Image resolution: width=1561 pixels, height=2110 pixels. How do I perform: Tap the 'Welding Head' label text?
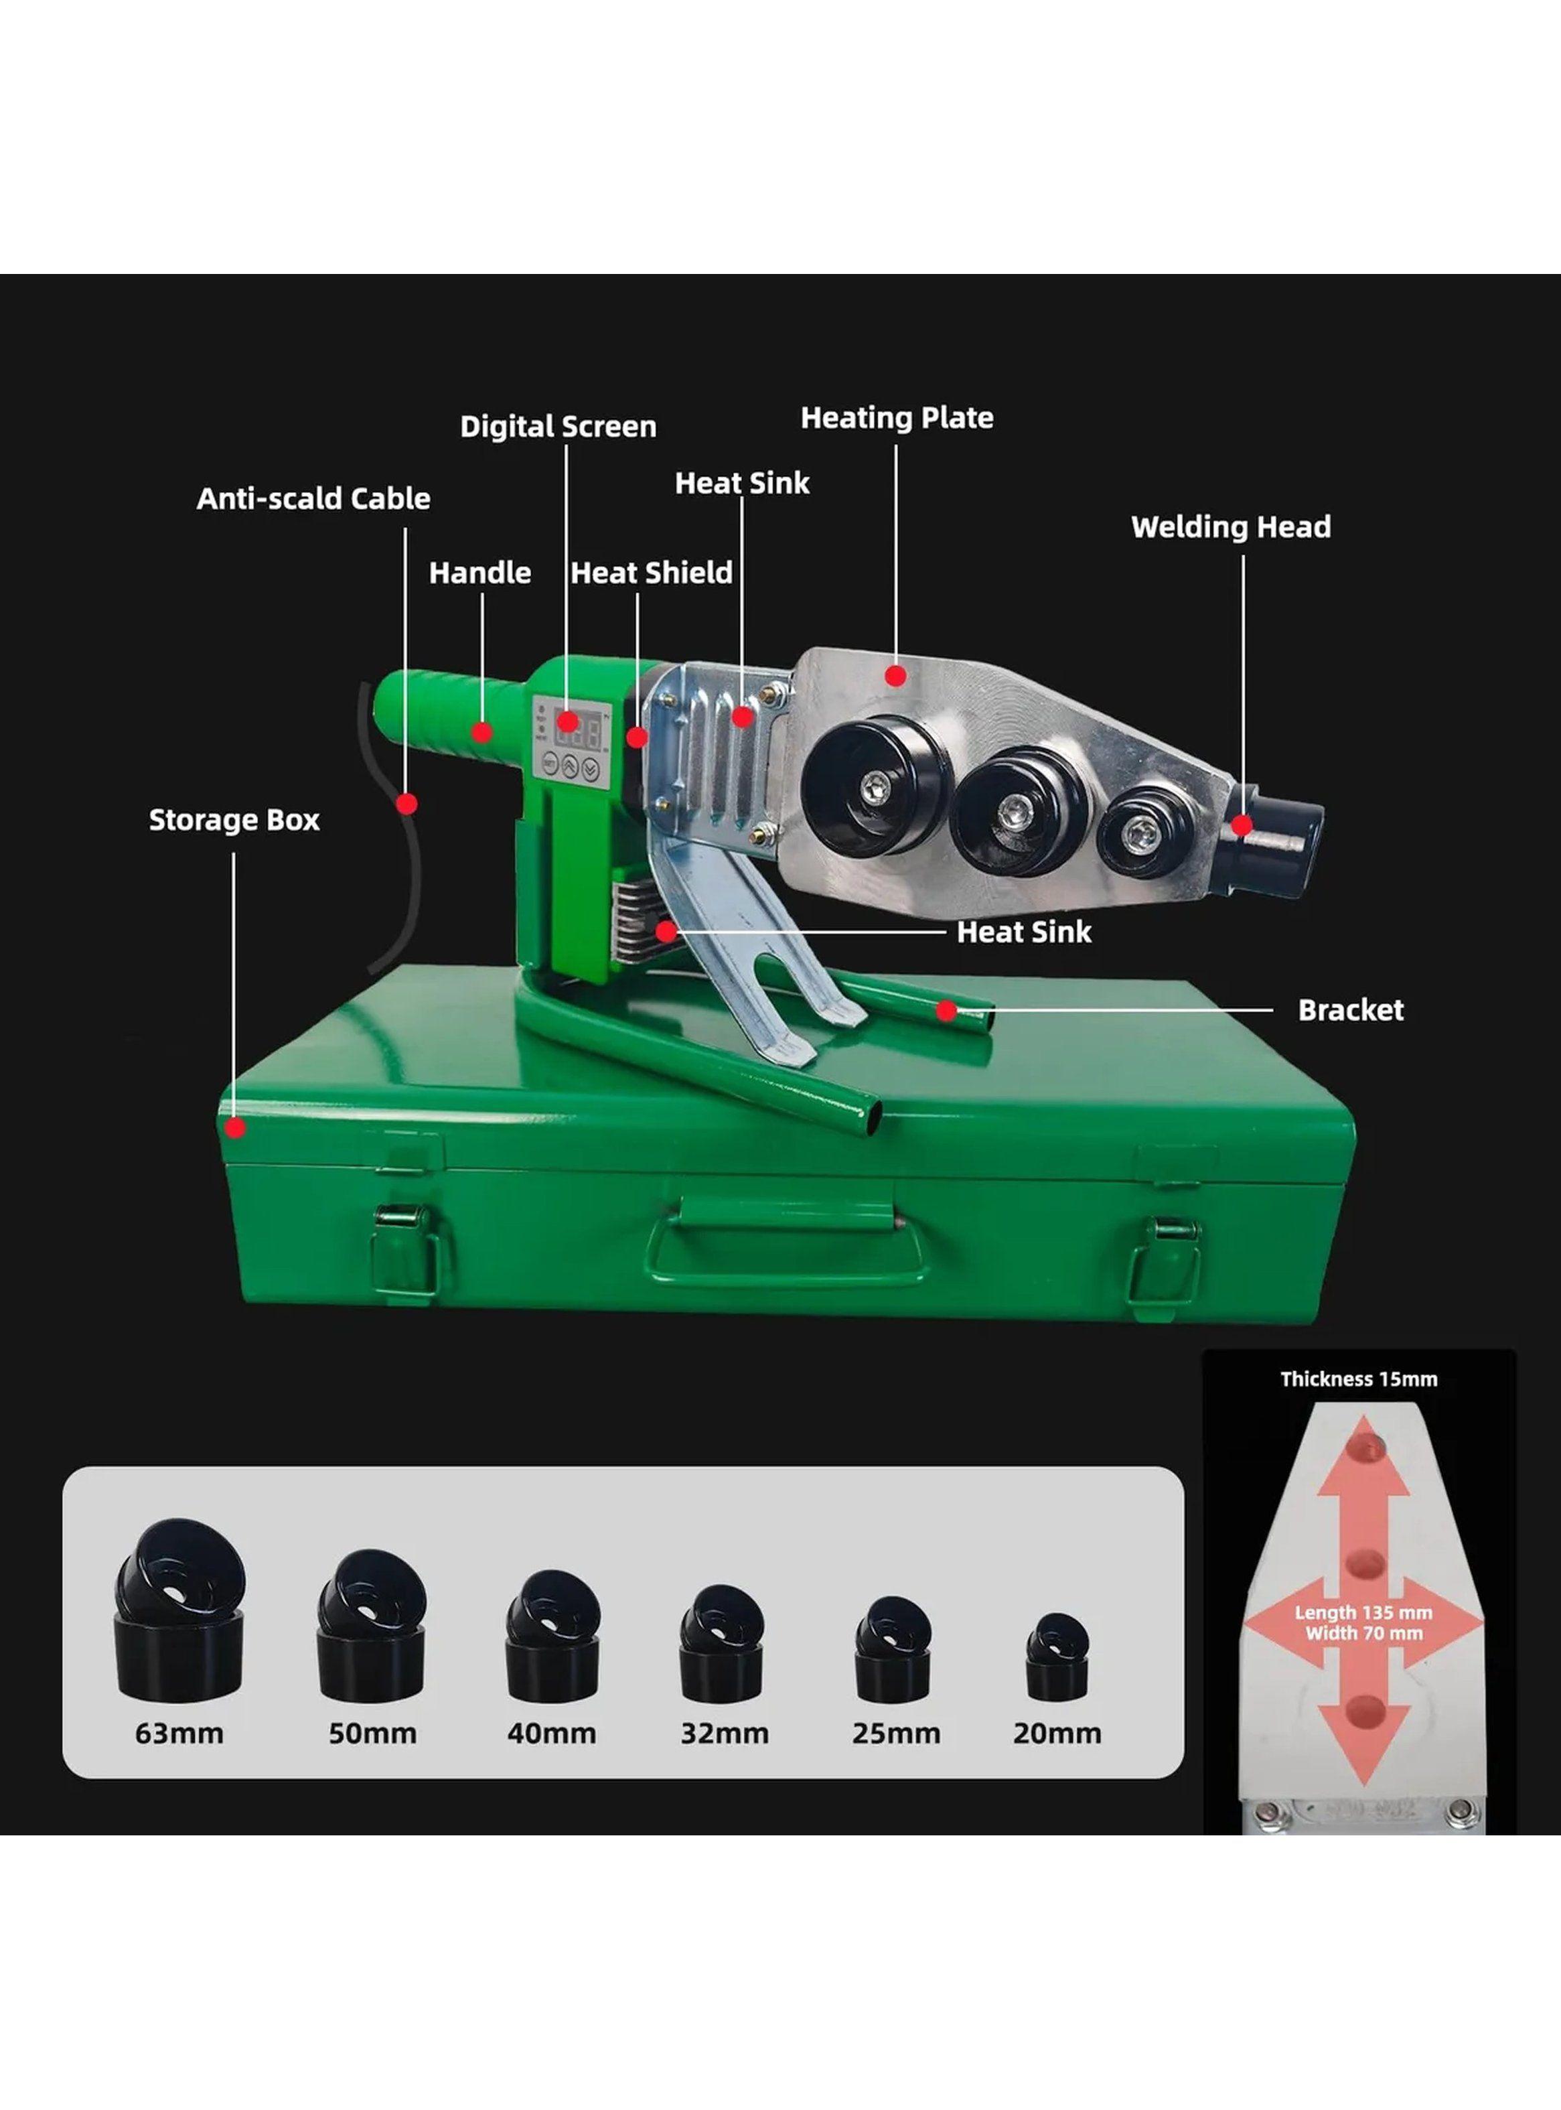[x=1230, y=526]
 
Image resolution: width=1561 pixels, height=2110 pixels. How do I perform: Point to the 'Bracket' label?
[x=1350, y=1010]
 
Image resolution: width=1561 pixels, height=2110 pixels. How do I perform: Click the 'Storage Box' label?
[x=234, y=819]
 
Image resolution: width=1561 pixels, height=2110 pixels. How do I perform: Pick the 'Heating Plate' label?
[x=897, y=418]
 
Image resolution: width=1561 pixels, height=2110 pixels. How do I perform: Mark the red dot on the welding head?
[x=1242, y=825]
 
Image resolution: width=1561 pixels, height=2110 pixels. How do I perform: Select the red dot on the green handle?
[x=482, y=731]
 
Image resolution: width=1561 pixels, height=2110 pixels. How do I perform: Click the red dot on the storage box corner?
[x=235, y=1127]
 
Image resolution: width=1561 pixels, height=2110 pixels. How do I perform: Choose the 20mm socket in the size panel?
[x=1057, y=1657]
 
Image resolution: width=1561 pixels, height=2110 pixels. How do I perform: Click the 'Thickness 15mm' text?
[x=1359, y=1379]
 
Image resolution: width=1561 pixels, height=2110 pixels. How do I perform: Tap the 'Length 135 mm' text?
[x=1363, y=1613]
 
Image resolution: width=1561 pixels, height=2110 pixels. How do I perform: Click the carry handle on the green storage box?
[x=784, y=1256]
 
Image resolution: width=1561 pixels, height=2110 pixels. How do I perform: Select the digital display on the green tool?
[x=577, y=730]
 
